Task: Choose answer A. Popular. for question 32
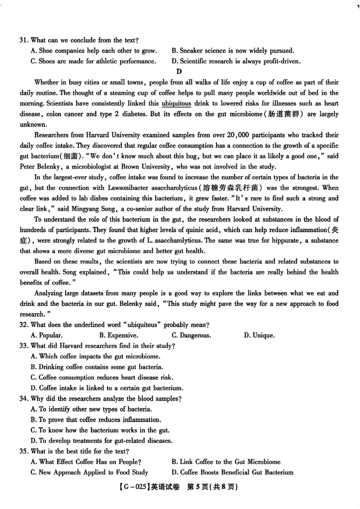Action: click(x=46, y=335)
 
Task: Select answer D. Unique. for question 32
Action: click(x=259, y=335)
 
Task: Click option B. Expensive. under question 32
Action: click(x=119, y=335)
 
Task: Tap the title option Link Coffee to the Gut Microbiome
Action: click(x=226, y=462)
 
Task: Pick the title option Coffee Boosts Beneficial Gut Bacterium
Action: click(x=233, y=472)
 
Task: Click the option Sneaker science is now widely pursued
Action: click(x=233, y=51)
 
